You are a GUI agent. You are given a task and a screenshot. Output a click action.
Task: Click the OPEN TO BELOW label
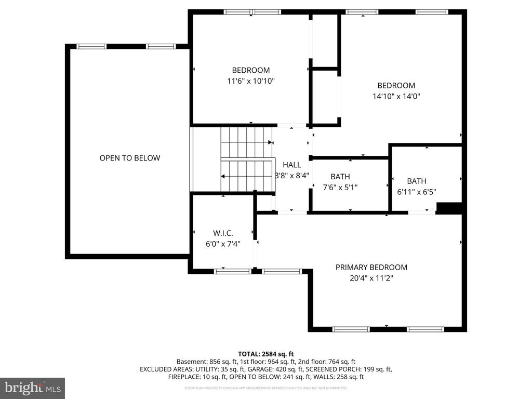pyautogui.click(x=130, y=158)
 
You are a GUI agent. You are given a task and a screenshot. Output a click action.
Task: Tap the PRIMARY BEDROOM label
pyautogui.click(x=371, y=267)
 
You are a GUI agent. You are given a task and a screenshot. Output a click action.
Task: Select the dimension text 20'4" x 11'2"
pyautogui.click(x=371, y=278)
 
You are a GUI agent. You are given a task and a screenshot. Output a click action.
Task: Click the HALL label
pyautogui.click(x=291, y=165)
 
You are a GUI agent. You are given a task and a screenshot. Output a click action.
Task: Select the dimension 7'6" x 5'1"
pyautogui.click(x=340, y=187)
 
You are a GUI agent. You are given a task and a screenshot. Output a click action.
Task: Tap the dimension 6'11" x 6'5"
pyautogui.click(x=416, y=192)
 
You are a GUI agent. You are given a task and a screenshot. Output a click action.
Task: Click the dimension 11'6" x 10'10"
pyautogui.click(x=250, y=81)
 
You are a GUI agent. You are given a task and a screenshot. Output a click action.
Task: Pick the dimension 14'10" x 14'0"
pyautogui.click(x=396, y=96)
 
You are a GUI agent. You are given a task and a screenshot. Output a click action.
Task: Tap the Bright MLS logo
pyautogui.click(x=32, y=388)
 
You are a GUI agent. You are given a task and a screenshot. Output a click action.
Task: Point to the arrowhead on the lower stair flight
pyautogui.click(x=223, y=177)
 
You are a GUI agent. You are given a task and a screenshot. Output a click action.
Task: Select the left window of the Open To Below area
pyautogui.click(x=91, y=46)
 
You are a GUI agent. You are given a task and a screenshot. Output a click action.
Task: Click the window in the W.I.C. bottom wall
pyautogui.click(x=232, y=271)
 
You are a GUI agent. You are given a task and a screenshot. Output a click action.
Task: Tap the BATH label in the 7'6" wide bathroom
pyautogui.click(x=340, y=177)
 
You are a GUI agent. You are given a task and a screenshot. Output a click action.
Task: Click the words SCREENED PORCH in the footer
pyautogui.click(x=334, y=369)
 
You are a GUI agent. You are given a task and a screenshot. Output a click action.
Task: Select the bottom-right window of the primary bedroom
pyautogui.click(x=425, y=329)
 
